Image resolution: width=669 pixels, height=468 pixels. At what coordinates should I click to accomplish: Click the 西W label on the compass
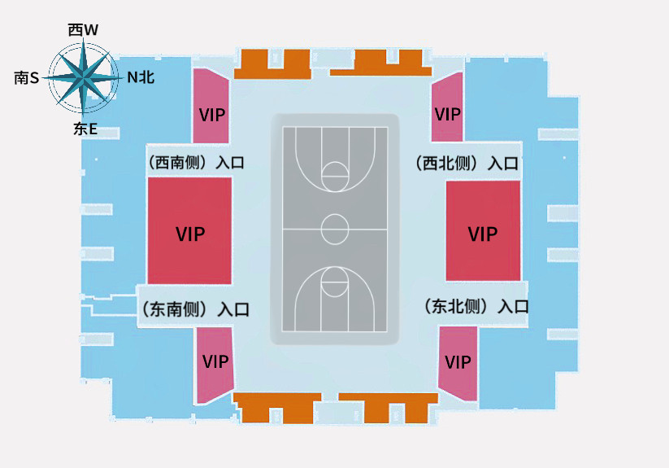pos(83,30)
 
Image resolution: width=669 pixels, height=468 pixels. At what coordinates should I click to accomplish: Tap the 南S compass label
pos(27,77)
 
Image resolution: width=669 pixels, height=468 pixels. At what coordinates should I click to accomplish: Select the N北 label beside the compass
pos(140,77)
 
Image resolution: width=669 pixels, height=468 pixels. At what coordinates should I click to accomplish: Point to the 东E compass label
pos(85,128)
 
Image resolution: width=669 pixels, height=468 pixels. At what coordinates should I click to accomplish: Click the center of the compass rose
pos(82,78)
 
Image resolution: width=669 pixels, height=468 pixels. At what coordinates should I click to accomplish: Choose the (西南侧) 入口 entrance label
pos(196,162)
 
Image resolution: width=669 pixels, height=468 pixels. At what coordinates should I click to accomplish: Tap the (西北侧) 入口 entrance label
pos(467,163)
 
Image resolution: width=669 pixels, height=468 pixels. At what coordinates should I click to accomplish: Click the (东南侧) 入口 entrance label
pos(195,309)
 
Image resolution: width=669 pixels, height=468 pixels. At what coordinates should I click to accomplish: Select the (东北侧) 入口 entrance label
pos(476,307)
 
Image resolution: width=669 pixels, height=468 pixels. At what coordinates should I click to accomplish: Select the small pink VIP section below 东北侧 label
pos(458,361)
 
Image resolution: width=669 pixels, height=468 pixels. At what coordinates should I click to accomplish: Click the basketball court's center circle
pos(334,229)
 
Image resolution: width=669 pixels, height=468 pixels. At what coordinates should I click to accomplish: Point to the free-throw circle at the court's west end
pos(334,173)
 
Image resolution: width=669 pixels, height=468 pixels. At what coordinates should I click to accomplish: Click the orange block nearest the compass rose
pos(272,63)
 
